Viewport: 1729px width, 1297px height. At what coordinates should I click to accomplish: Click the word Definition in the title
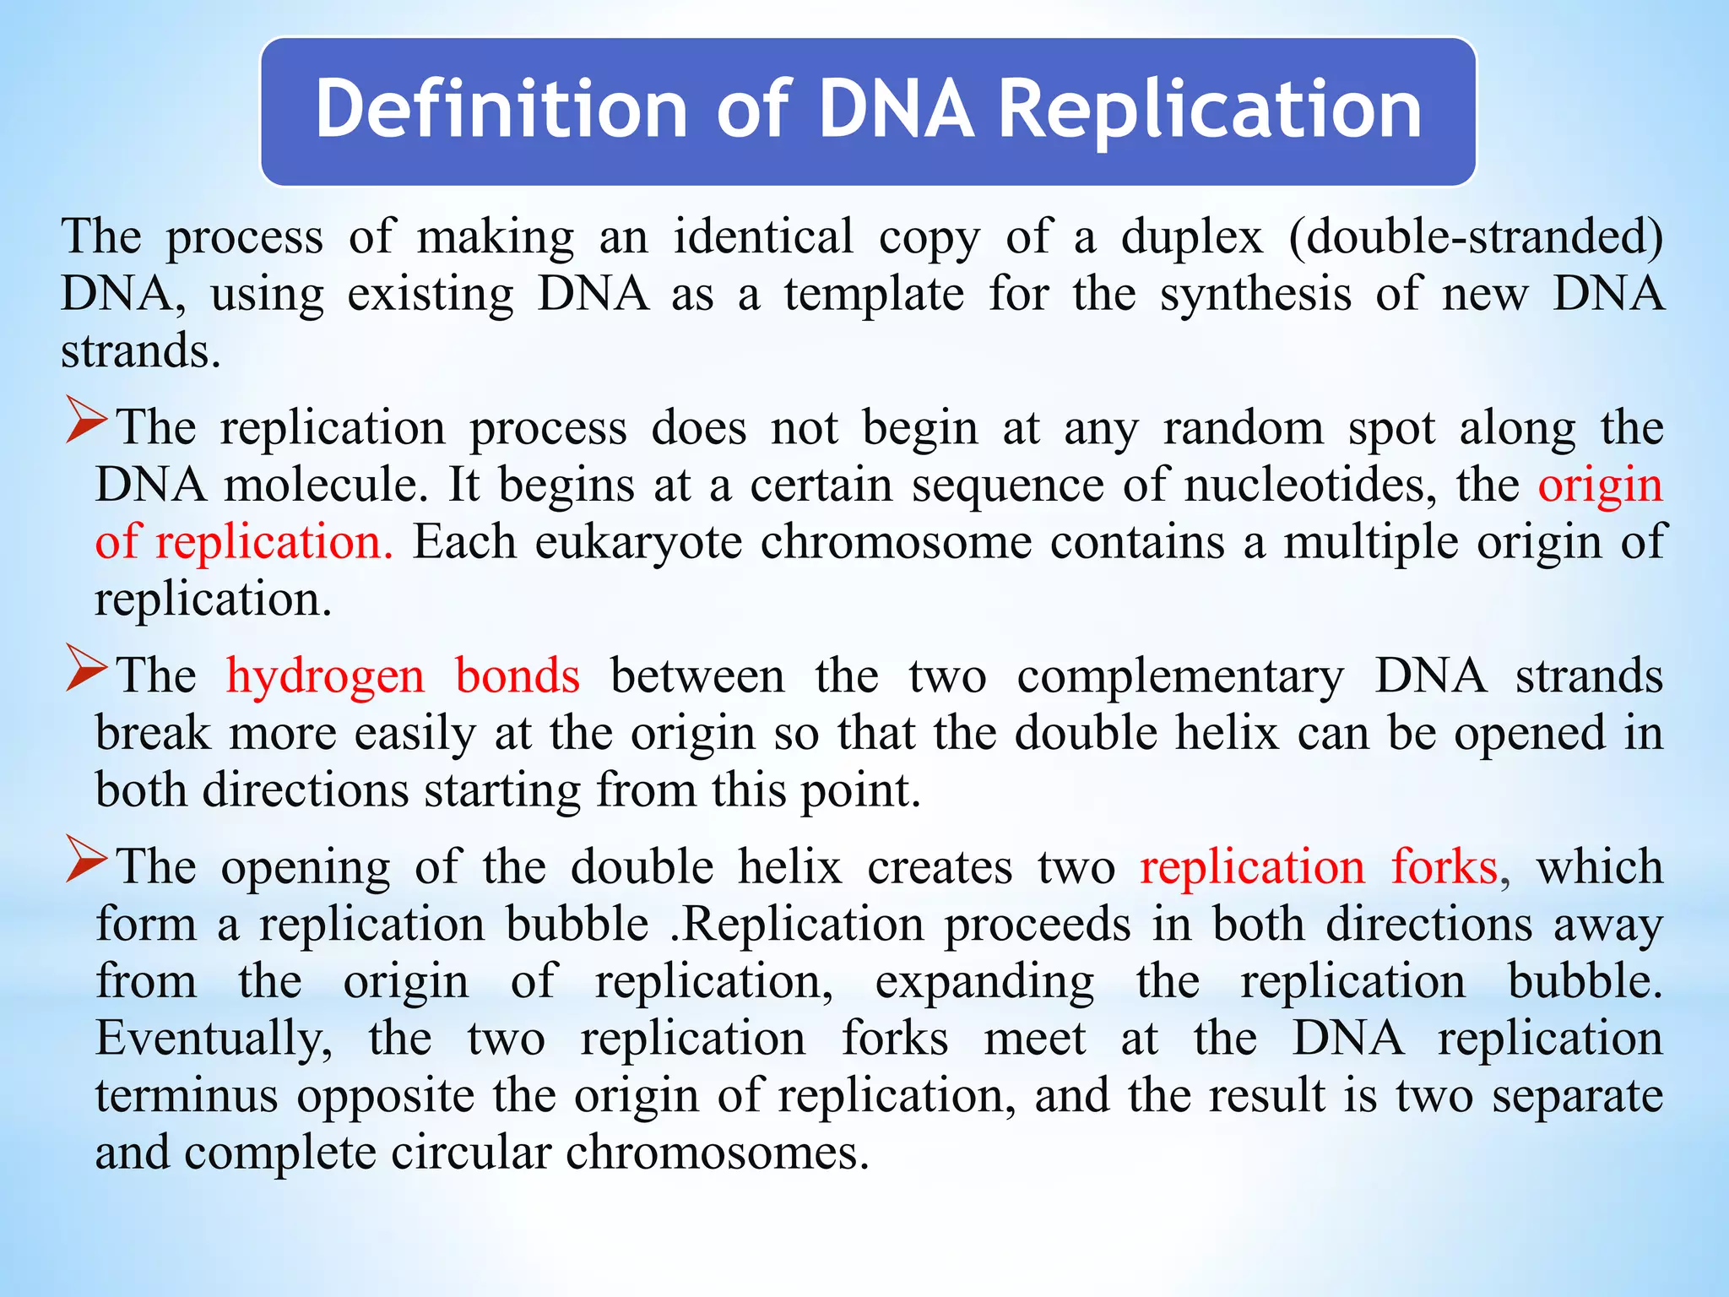[x=501, y=110]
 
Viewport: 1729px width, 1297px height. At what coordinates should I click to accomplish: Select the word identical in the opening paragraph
[x=762, y=236]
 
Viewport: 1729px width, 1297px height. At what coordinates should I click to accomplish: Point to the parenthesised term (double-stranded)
[x=1476, y=236]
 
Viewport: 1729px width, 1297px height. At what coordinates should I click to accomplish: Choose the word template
[x=874, y=296]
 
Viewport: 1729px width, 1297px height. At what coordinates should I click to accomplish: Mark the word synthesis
[x=1255, y=296]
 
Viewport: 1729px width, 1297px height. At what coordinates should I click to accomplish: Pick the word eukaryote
[x=638, y=543]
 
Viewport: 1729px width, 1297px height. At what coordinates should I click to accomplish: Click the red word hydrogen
[x=326, y=677]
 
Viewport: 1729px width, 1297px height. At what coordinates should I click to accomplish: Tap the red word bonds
[x=518, y=676]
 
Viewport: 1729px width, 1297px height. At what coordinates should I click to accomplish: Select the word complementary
[x=1179, y=677]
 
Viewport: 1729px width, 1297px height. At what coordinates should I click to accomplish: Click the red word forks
[x=1444, y=867]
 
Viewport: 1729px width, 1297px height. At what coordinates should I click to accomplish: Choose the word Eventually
[x=214, y=1039]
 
